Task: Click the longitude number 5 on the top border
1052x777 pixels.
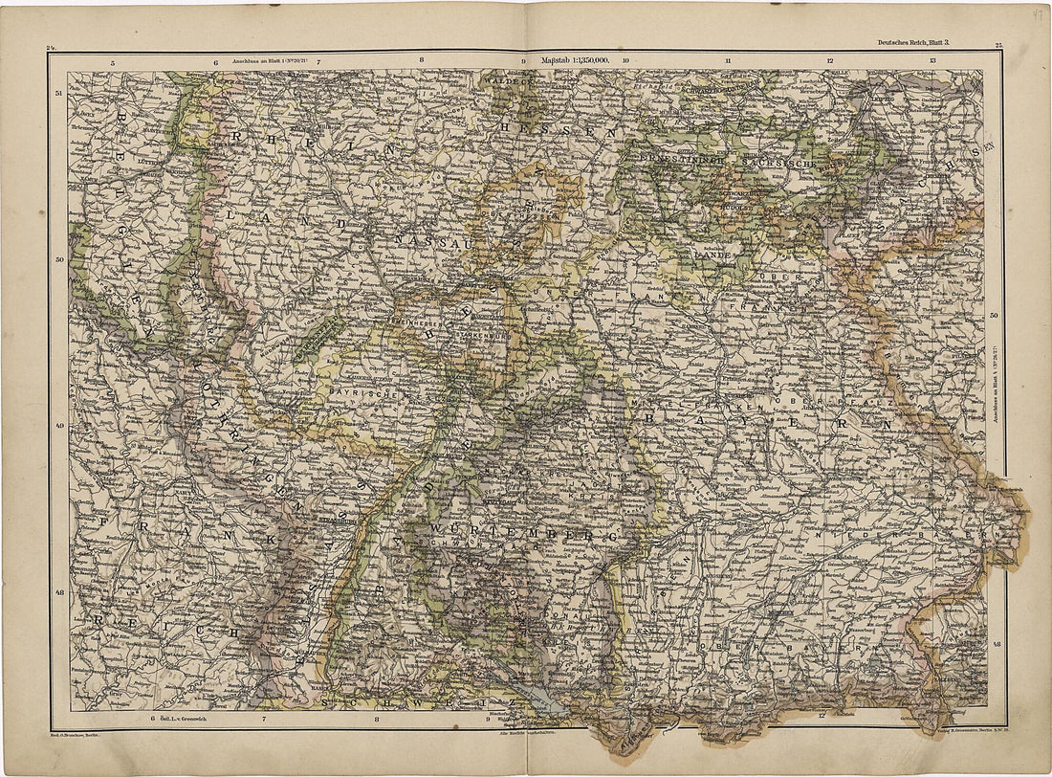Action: [x=113, y=63]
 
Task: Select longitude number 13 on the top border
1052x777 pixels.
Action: [x=931, y=61]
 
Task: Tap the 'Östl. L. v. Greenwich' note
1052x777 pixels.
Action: [x=186, y=717]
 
